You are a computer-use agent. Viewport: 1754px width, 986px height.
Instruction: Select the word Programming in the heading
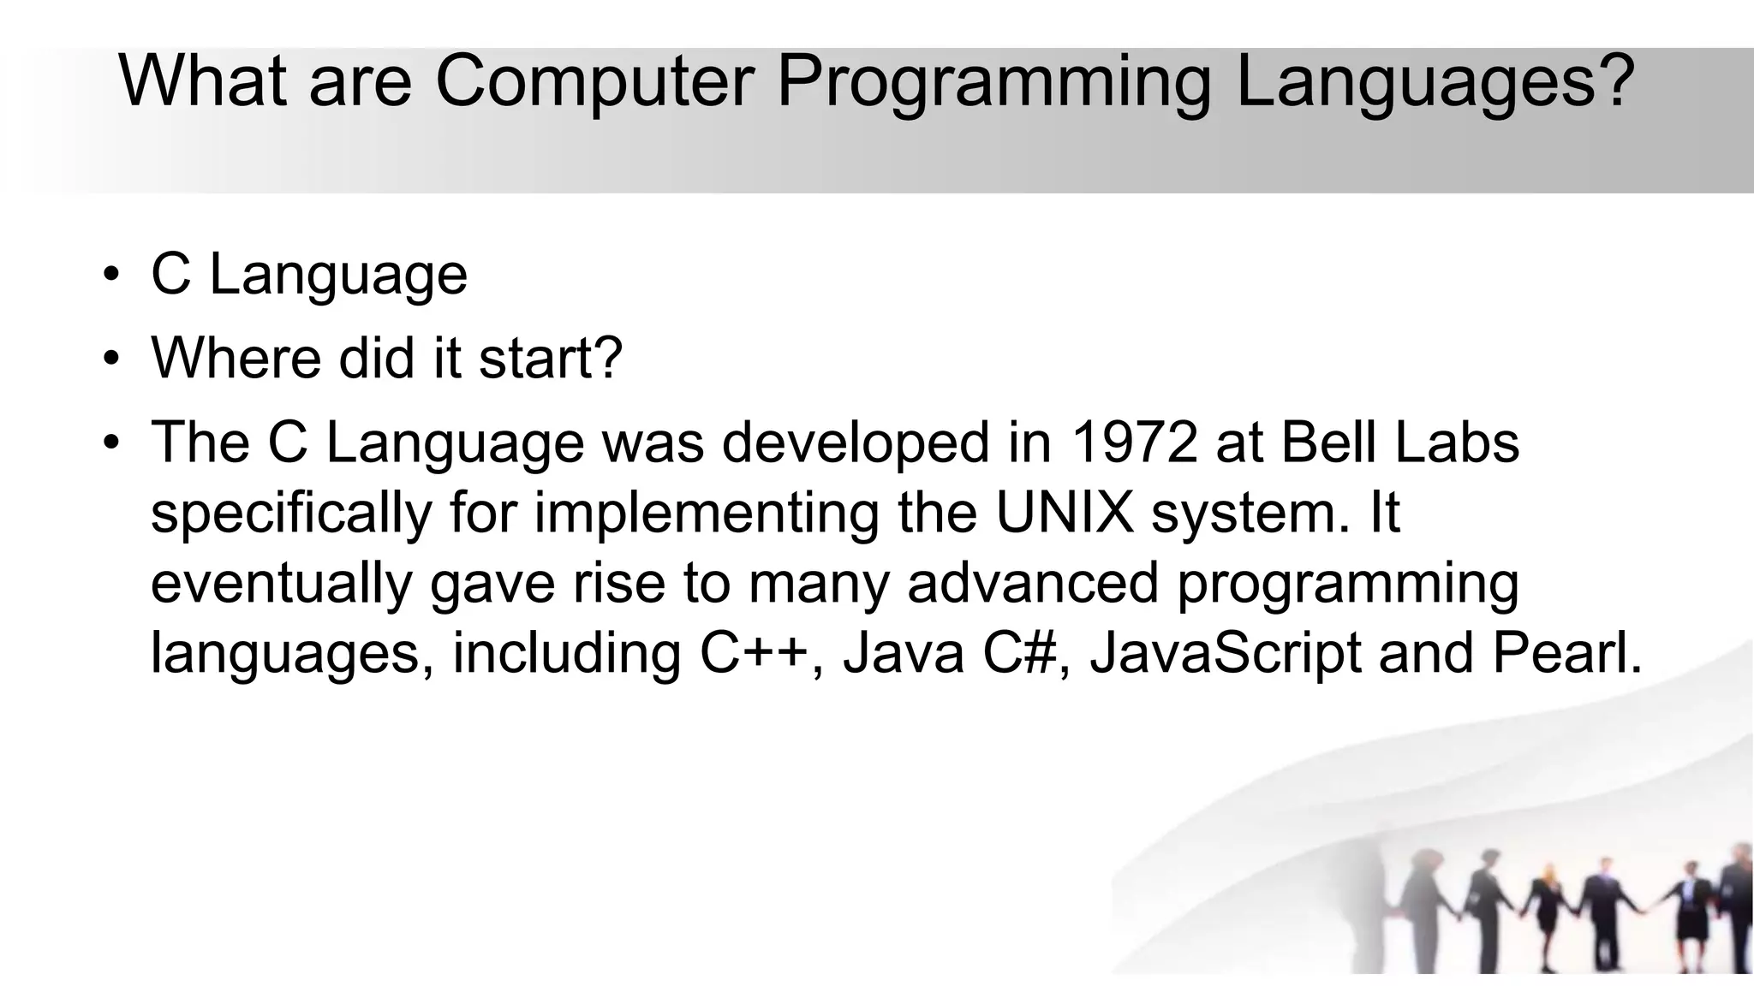click(993, 83)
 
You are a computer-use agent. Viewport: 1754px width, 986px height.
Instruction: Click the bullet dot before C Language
click(110, 276)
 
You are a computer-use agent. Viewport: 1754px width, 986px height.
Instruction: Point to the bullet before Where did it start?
click(110, 359)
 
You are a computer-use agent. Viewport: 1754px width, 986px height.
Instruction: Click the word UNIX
click(1065, 513)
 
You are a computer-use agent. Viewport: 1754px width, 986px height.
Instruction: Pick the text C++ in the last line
click(754, 653)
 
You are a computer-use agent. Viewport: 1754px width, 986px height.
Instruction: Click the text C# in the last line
click(1018, 653)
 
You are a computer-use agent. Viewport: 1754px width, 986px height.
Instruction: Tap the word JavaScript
click(1225, 653)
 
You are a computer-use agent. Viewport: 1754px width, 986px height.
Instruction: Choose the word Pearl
click(1567, 653)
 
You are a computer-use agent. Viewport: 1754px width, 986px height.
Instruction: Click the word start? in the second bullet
click(551, 359)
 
